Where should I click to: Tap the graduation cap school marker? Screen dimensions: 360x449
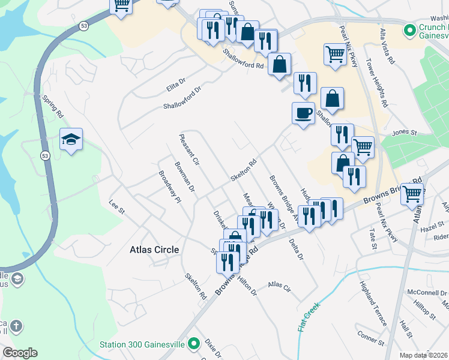[71, 140]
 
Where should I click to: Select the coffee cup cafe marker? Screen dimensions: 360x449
[304, 113]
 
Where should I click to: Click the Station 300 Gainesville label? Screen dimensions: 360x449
[142, 344]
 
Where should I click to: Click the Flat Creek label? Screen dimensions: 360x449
[309, 317]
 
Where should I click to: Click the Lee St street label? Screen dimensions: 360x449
[116, 207]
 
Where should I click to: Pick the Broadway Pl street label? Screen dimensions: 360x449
[170, 187]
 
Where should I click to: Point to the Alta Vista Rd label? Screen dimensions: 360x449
[387, 46]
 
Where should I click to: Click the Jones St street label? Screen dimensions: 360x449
[404, 132]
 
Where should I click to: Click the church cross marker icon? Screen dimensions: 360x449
[16, 327]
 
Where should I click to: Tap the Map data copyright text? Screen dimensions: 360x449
[424, 355]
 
